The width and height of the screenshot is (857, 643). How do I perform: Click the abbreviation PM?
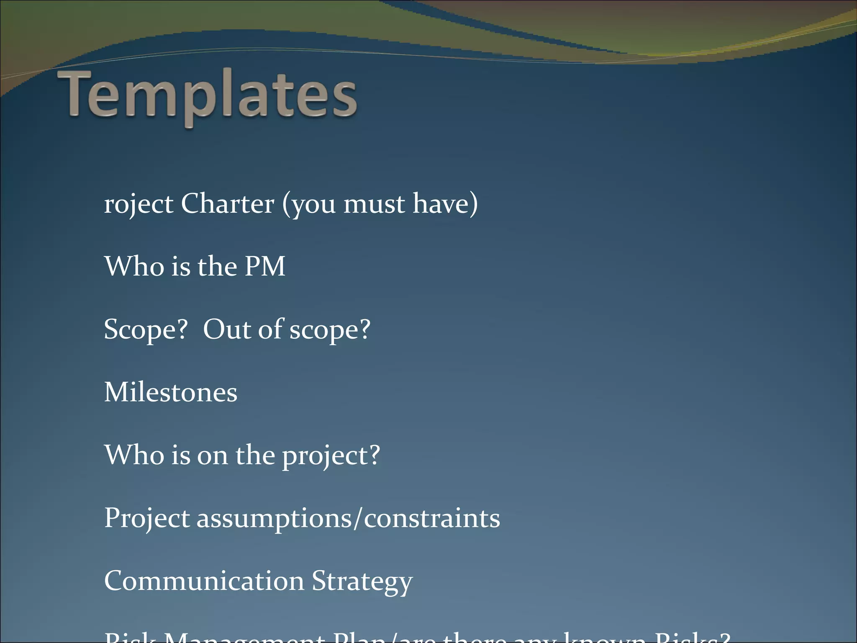point(264,266)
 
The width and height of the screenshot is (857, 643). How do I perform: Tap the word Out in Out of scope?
point(226,329)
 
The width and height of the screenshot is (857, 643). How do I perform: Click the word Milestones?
point(170,392)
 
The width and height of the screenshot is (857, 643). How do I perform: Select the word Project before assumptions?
point(147,518)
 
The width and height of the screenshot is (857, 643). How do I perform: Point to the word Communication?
point(204,581)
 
